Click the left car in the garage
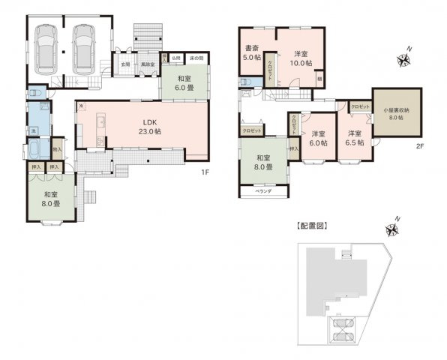[46, 46]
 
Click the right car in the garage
[83, 46]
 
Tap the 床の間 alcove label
[198, 58]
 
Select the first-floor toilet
[35, 95]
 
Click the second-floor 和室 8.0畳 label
[262, 162]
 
